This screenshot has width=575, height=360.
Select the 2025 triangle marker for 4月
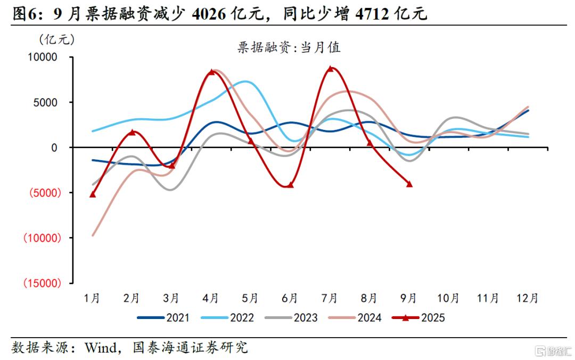tap(211, 72)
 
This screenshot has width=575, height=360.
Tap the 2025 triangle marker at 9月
tap(409, 184)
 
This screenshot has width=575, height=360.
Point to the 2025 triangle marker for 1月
tap(93, 194)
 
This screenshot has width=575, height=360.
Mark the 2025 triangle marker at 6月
tap(290, 185)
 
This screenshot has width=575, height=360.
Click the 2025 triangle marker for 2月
tap(132, 132)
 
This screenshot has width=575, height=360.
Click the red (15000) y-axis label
tap(40, 283)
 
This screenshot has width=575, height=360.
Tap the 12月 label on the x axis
tap(528, 298)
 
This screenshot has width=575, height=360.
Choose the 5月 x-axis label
tap(250, 298)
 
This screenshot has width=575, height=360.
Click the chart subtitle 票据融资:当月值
tap(289, 47)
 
